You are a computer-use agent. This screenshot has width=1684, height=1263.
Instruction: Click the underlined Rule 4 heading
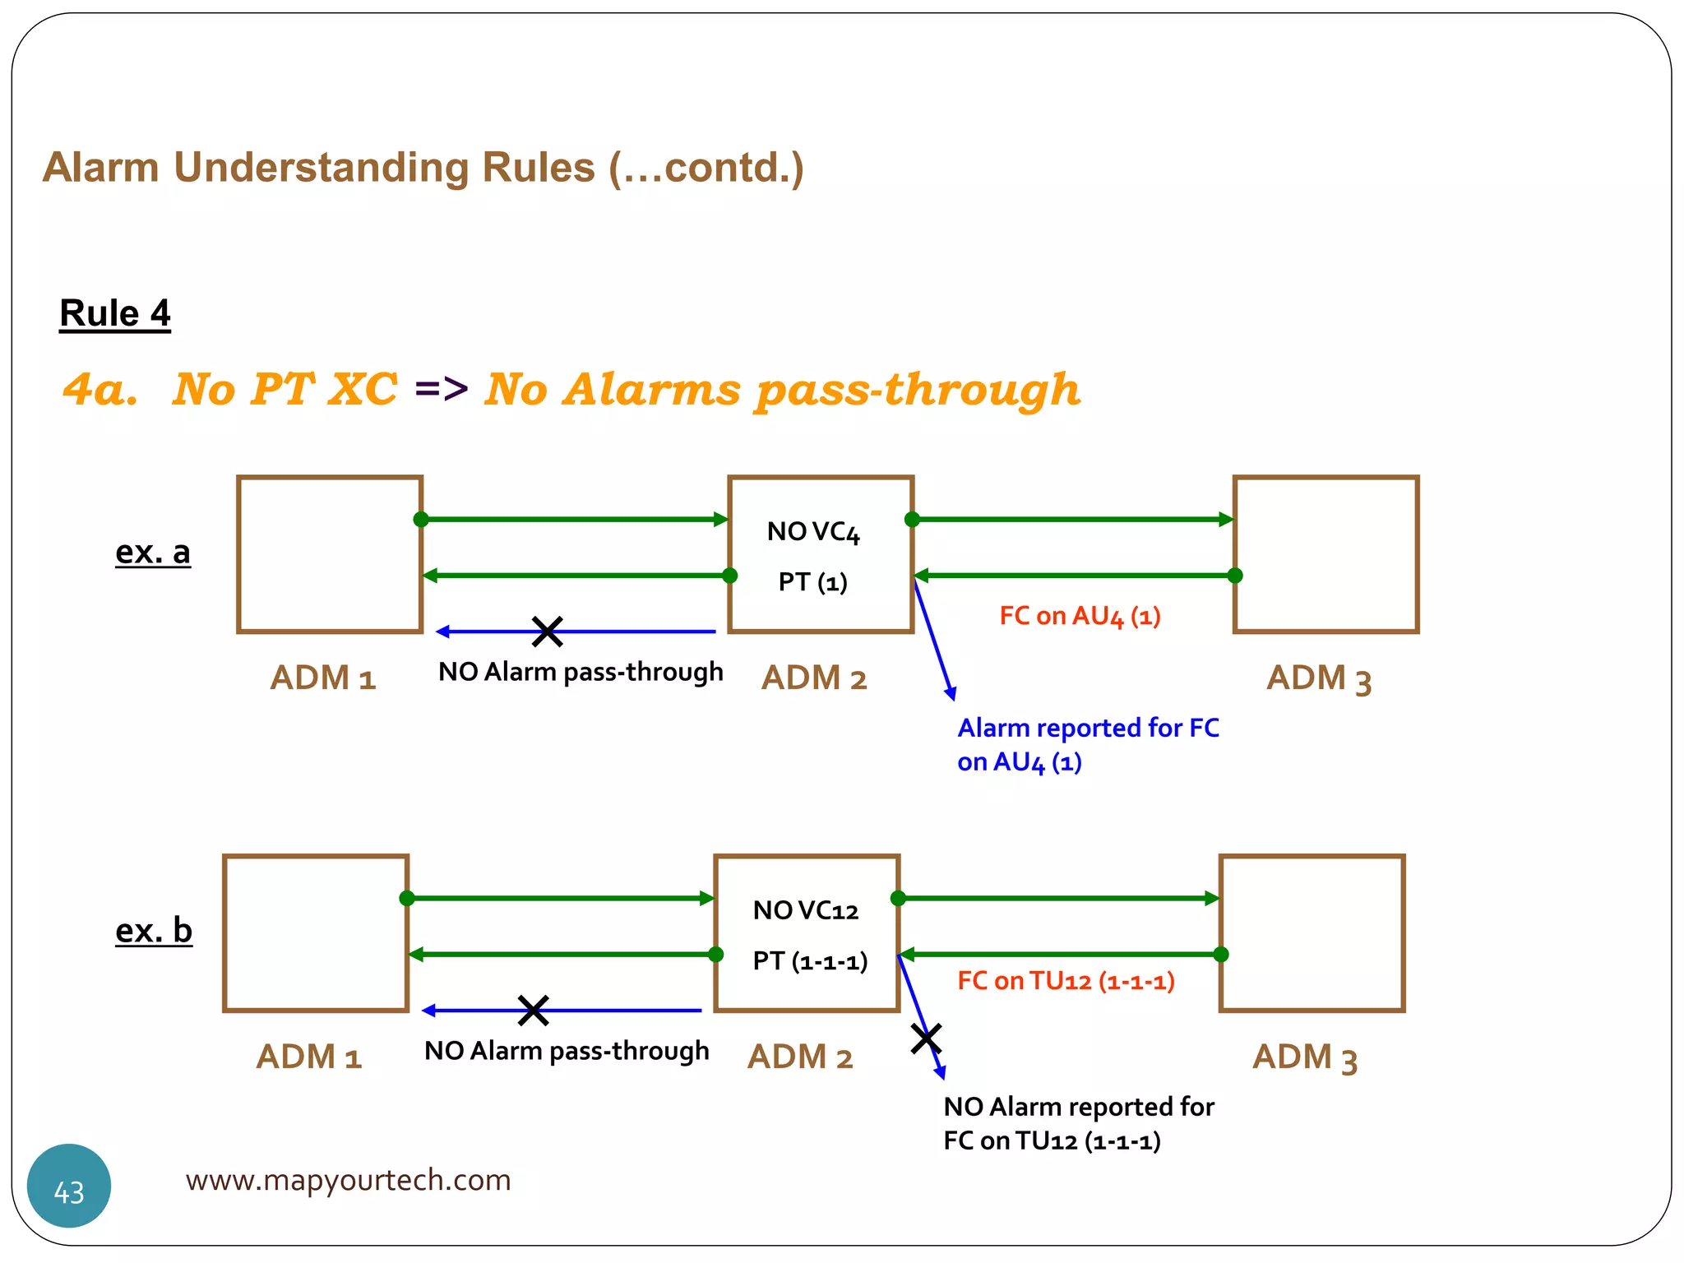[x=115, y=313]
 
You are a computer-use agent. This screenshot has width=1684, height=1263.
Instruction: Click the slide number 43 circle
[x=69, y=1186]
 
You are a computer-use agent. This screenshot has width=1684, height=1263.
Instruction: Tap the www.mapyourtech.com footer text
[x=348, y=1180]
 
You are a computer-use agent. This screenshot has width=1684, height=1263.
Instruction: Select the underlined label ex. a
[x=153, y=552]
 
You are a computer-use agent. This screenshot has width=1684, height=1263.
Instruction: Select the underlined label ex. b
[x=154, y=931]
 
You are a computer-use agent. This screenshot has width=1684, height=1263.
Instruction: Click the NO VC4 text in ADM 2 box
[x=812, y=532]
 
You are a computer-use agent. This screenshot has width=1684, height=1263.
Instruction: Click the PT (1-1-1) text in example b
[x=810, y=960]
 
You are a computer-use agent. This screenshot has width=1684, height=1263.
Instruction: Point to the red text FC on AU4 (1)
[x=1080, y=616]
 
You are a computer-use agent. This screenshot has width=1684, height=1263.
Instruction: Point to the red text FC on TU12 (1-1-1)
[x=1066, y=981]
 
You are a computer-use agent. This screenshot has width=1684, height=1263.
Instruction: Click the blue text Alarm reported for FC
[x=1088, y=728]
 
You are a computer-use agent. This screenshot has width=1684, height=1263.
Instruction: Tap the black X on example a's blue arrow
[x=547, y=631]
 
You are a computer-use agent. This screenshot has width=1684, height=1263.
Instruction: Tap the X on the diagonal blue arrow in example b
[x=926, y=1039]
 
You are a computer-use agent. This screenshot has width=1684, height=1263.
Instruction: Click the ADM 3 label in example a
[x=1319, y=679]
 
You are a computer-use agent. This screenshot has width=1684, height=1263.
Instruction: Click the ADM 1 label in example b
[x=309, y=1057]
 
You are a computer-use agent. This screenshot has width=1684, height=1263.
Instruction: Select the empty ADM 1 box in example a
[x=330, y=554]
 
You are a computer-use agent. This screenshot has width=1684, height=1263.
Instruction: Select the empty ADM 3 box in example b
[x=1312, y=933]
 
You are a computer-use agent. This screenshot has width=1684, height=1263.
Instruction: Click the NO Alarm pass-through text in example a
[x=581, y=672]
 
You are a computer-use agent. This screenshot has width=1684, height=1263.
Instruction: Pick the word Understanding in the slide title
[x=383, y=168]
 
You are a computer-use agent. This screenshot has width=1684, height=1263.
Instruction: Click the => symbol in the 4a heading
[x=442, y=388]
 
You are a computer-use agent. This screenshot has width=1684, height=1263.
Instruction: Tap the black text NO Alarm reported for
[x=1078, y=1107]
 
